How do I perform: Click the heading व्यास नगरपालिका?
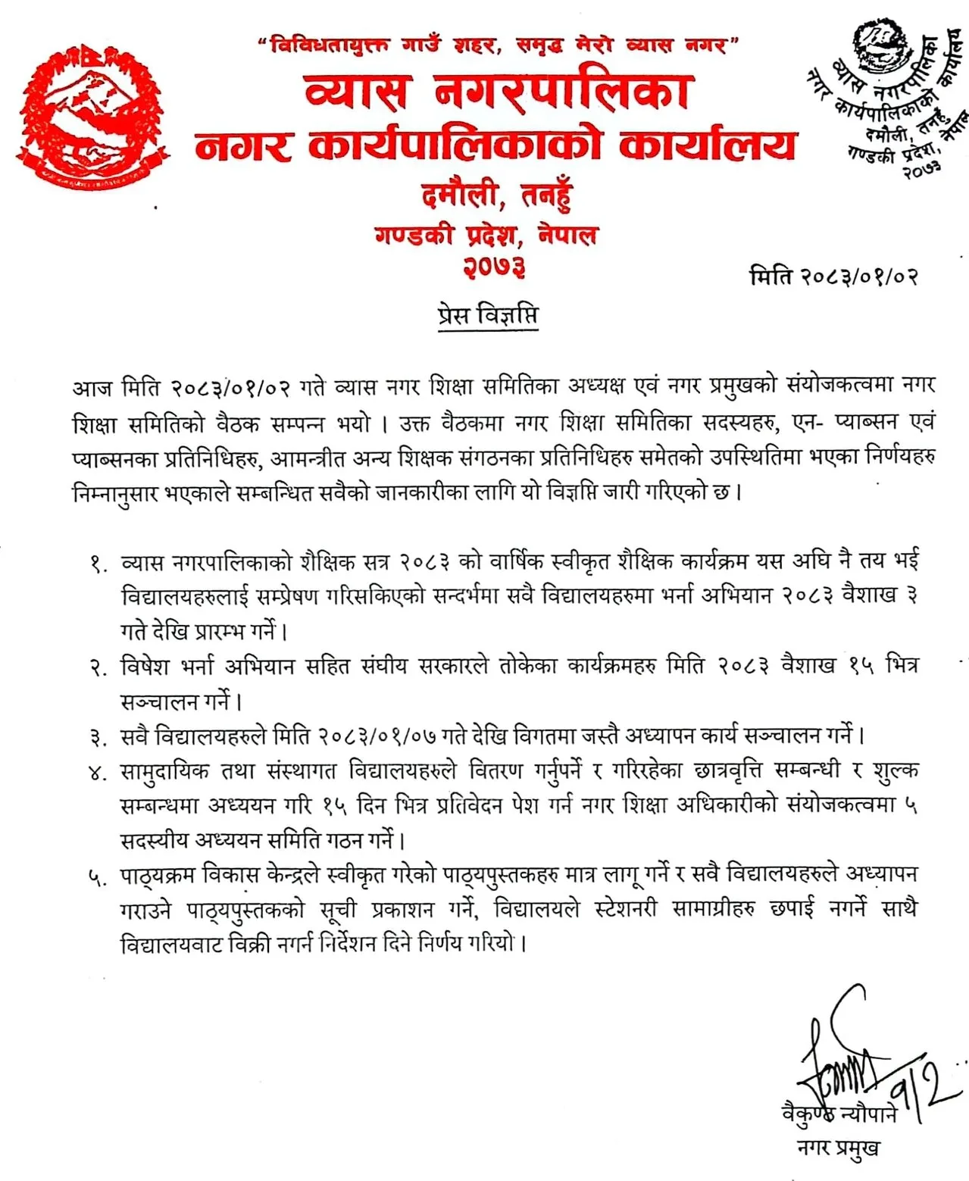497,92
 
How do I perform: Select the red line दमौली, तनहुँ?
496,196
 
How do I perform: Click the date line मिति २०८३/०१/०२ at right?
834,276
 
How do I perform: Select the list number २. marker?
98,668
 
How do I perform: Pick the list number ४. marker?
98,773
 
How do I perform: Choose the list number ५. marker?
98,877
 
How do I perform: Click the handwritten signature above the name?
856,1061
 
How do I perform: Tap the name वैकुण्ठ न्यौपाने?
839,1114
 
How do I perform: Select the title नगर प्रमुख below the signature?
839,1148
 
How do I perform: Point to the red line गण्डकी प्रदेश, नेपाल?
486,235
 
